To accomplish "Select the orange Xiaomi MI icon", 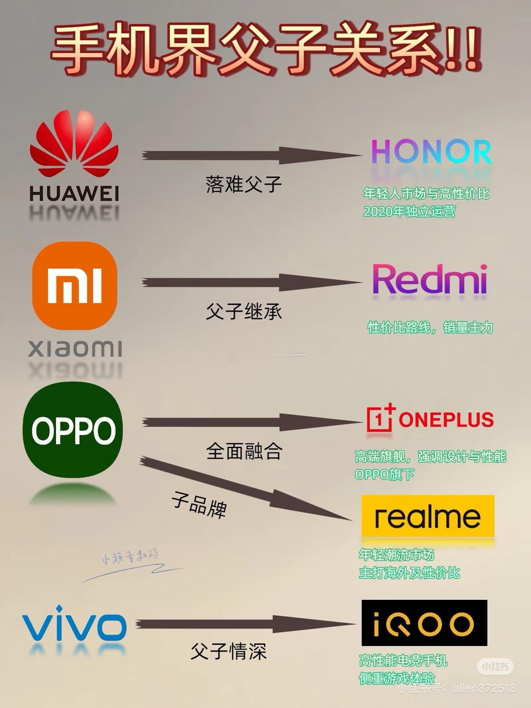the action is pos(74,285).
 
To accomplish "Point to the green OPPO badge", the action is pos(73,430).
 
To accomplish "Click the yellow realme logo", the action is pos(428,516).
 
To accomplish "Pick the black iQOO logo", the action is pos(424,622).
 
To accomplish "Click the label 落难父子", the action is pos(243,184).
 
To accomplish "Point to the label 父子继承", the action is pos(243,311).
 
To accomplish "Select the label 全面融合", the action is pos(244,451).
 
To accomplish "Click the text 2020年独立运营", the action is pos(409,211).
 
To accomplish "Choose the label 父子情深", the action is pos(228,651).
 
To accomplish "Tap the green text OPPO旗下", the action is pos(384,474).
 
